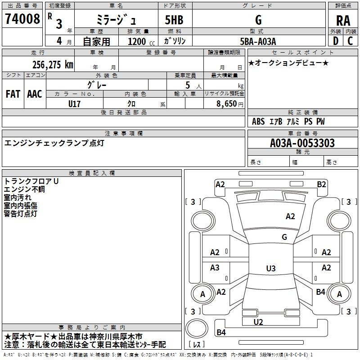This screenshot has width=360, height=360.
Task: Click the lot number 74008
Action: [22, 19]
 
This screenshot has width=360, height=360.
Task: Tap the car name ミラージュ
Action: [116, 20]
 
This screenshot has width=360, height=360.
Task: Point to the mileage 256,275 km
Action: [53, 64]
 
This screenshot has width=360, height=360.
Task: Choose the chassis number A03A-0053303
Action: [302, 143]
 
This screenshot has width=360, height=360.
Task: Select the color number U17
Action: [75, 103]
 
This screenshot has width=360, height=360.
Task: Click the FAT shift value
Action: [13, 94]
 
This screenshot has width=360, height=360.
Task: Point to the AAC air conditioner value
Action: [35, 94]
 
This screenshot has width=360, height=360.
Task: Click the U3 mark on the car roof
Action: [270, 269]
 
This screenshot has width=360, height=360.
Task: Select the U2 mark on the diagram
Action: [258, 322]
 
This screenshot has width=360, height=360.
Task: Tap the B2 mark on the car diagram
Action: [321, 184]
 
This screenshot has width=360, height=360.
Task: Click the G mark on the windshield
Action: [284, 237]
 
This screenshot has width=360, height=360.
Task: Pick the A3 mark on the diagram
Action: [215, 268]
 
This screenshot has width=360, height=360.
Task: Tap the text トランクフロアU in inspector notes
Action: [31, 181]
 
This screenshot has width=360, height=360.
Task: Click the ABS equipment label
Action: [258, 121]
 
